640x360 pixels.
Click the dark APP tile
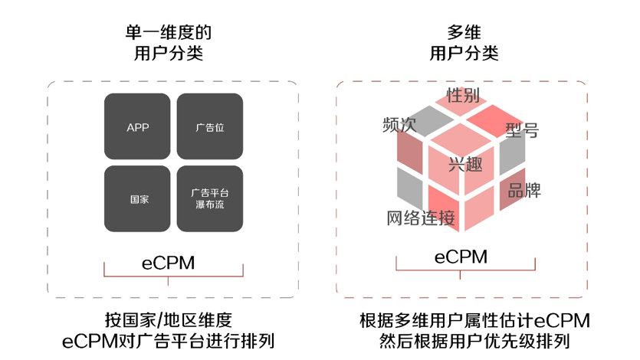(x=137, y=126)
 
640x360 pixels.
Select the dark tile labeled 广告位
(x=210, y=126)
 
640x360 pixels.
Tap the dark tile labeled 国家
(x=137, y=198)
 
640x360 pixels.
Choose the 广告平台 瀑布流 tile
(x=210, y=198)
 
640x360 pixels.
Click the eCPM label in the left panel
(x=168, y=263)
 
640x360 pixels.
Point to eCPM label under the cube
(x=461, y=257)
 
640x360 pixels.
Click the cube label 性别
(x=463, y=95)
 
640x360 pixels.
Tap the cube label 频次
(x=399, y=125)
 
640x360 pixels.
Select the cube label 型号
(x=522, y=130)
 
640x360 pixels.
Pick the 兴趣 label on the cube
(x=465, y=165)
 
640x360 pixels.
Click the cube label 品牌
(x=524, y=190)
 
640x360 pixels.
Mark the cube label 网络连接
(x=421, y=218)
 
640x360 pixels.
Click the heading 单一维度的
(x=169, y=33)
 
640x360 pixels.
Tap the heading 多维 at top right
(x=464, y=33)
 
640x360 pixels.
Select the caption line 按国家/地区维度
(x=168, y=320)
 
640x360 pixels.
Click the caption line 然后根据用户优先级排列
(x=474, y=341)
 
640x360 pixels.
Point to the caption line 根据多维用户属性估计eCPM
(x=474, y=320)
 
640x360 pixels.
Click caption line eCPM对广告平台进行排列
(x=168, y=341)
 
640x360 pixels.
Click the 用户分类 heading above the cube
(x=464, y=53)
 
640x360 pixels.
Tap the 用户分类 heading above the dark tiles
(x=169, y=53)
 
